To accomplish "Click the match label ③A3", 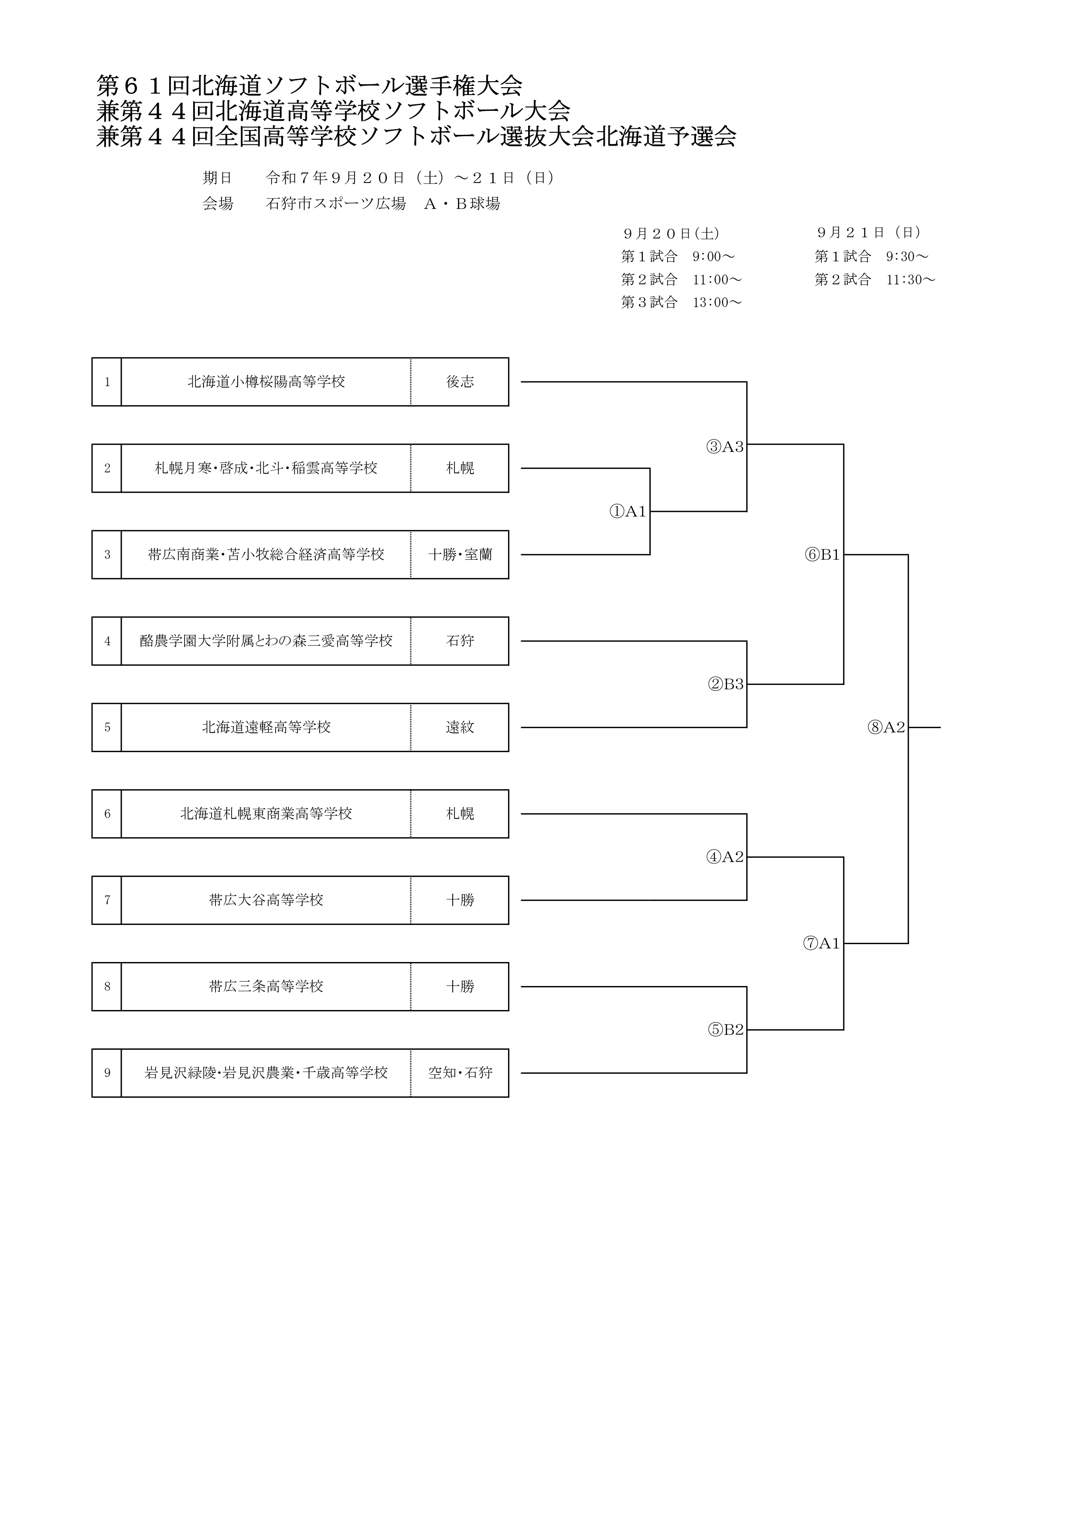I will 725,447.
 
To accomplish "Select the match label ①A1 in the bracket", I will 628,511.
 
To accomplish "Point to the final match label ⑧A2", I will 886,727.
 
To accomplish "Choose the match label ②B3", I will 725,684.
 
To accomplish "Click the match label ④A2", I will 725,857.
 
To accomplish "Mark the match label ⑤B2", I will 725,1030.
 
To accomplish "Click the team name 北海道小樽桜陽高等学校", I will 266,382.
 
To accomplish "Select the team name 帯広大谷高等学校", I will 266,900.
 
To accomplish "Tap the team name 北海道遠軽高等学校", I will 266,727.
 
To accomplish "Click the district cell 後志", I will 460,382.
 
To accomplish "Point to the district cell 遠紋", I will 460,727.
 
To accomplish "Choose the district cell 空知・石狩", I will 460,1073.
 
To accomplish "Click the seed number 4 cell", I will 107,641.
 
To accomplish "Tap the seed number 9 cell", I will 107,1073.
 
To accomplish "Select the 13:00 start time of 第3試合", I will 717,303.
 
